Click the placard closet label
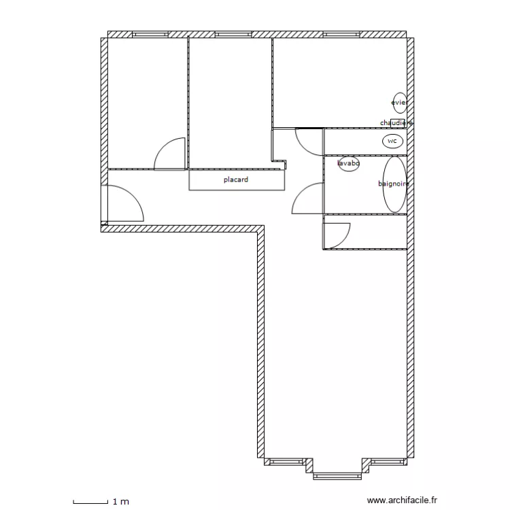pyautogui.click(x=236, y=180)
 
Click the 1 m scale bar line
pyautogui.click(x=90, y=503)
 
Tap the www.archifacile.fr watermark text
pyautogui.click(x=402, y=500)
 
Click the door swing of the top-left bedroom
pyautogui.click(x=161, y=146)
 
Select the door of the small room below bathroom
pyautogui.click(x=345, y=239)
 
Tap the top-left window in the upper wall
pyautogui.click(x=150, y=34)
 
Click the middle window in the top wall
pyautogui.click(x=233, y=34)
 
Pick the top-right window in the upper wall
pyautogui.click(x=341, y=34)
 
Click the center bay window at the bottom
pyautogui.click(x=337, y=476)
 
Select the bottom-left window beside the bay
pyautogui.click(x=286, y=462)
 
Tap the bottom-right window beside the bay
pyautogui.click(x=388, y=462)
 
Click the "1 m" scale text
pyautogui.click(x=120, y=502)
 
